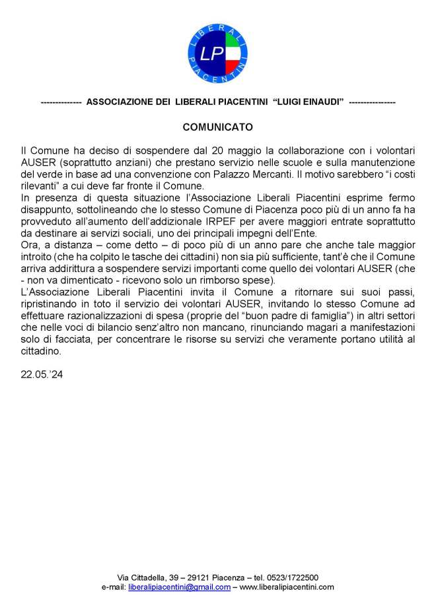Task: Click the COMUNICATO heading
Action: pyautogui.click(x=217, y=126)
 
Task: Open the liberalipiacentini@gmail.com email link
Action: pyautogui.click(x=179, y=586)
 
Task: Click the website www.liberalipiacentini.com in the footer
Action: pyautogui.click(x=287, y=586)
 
